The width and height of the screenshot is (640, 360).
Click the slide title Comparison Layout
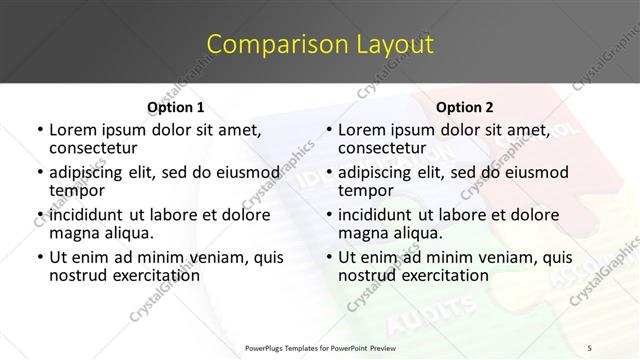click(320, 44)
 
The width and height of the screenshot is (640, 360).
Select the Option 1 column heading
click(175, 107)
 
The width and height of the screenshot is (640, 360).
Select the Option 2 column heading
click(465, 107)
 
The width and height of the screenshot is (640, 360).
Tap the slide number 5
click(589, 347)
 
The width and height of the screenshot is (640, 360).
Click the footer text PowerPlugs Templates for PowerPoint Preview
click(320, 347)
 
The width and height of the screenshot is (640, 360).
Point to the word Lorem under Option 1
click(72, 130)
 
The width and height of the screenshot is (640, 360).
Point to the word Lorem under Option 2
click(362, 130)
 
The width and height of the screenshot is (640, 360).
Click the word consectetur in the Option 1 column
click(95, 149)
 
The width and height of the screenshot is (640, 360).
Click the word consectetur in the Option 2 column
click(385, 149)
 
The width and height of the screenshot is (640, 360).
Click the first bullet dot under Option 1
click(39, 131)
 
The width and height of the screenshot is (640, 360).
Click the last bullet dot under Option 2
click(329, 258)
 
